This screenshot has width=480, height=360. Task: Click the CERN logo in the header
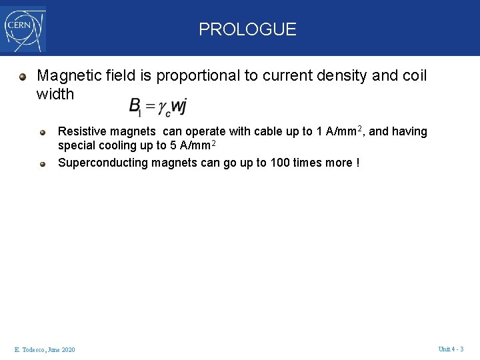tap(24, 29)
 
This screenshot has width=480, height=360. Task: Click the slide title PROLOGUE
tap(247, 29)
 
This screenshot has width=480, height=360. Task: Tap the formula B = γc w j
tap(158, 107)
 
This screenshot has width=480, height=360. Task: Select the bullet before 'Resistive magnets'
tap(43, 131)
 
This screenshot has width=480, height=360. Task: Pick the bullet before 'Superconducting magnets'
tap(43, 163)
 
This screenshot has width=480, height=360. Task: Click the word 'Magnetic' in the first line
tap(64, 76)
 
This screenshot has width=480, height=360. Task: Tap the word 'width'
tap(55, 94)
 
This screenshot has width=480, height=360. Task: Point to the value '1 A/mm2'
tap(340, 131)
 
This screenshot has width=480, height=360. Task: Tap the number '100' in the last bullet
tap(280, 163)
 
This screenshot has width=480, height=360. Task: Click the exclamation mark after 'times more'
tap(358, 163)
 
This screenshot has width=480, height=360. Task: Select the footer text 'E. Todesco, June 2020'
tap(45, 350)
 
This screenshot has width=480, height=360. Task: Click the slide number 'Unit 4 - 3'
tap(451, 349)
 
